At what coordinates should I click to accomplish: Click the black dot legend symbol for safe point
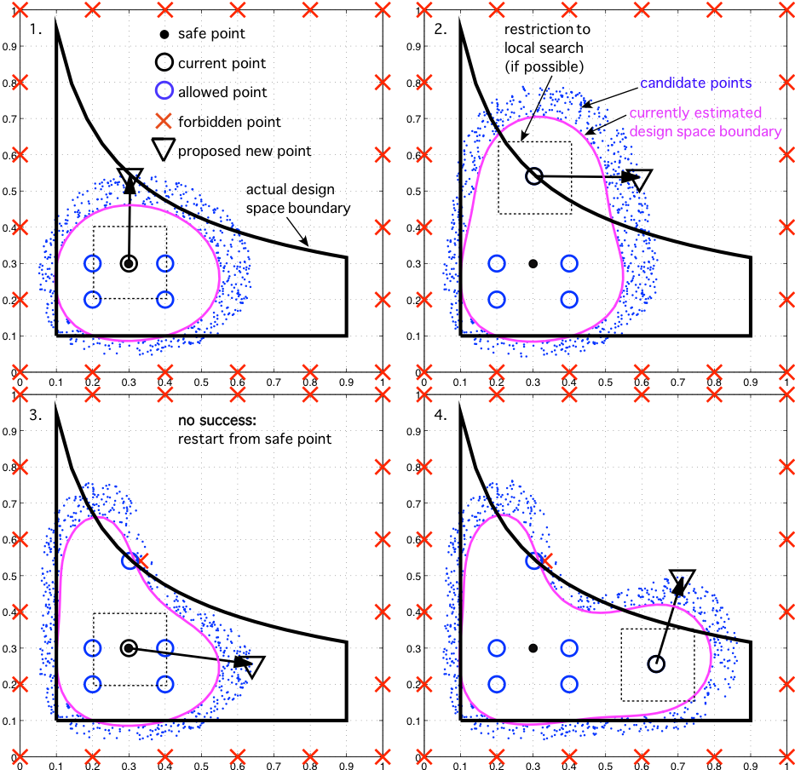[163, 34]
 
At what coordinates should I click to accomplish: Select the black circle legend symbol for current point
[163, 63]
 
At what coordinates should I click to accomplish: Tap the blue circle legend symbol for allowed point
[163, 92]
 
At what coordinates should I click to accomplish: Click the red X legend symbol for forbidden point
[163, 122]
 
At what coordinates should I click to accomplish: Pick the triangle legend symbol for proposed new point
[163, 150]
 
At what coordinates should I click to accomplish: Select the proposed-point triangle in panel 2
[642, 179]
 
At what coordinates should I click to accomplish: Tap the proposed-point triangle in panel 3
[253, 665]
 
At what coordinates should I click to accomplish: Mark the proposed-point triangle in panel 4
[683, 578]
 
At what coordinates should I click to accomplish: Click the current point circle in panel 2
[533, 176]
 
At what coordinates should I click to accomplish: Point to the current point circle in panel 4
[655, 664]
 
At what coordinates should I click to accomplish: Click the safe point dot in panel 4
[533, 648]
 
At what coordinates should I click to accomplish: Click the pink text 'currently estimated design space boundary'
[704, 122]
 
